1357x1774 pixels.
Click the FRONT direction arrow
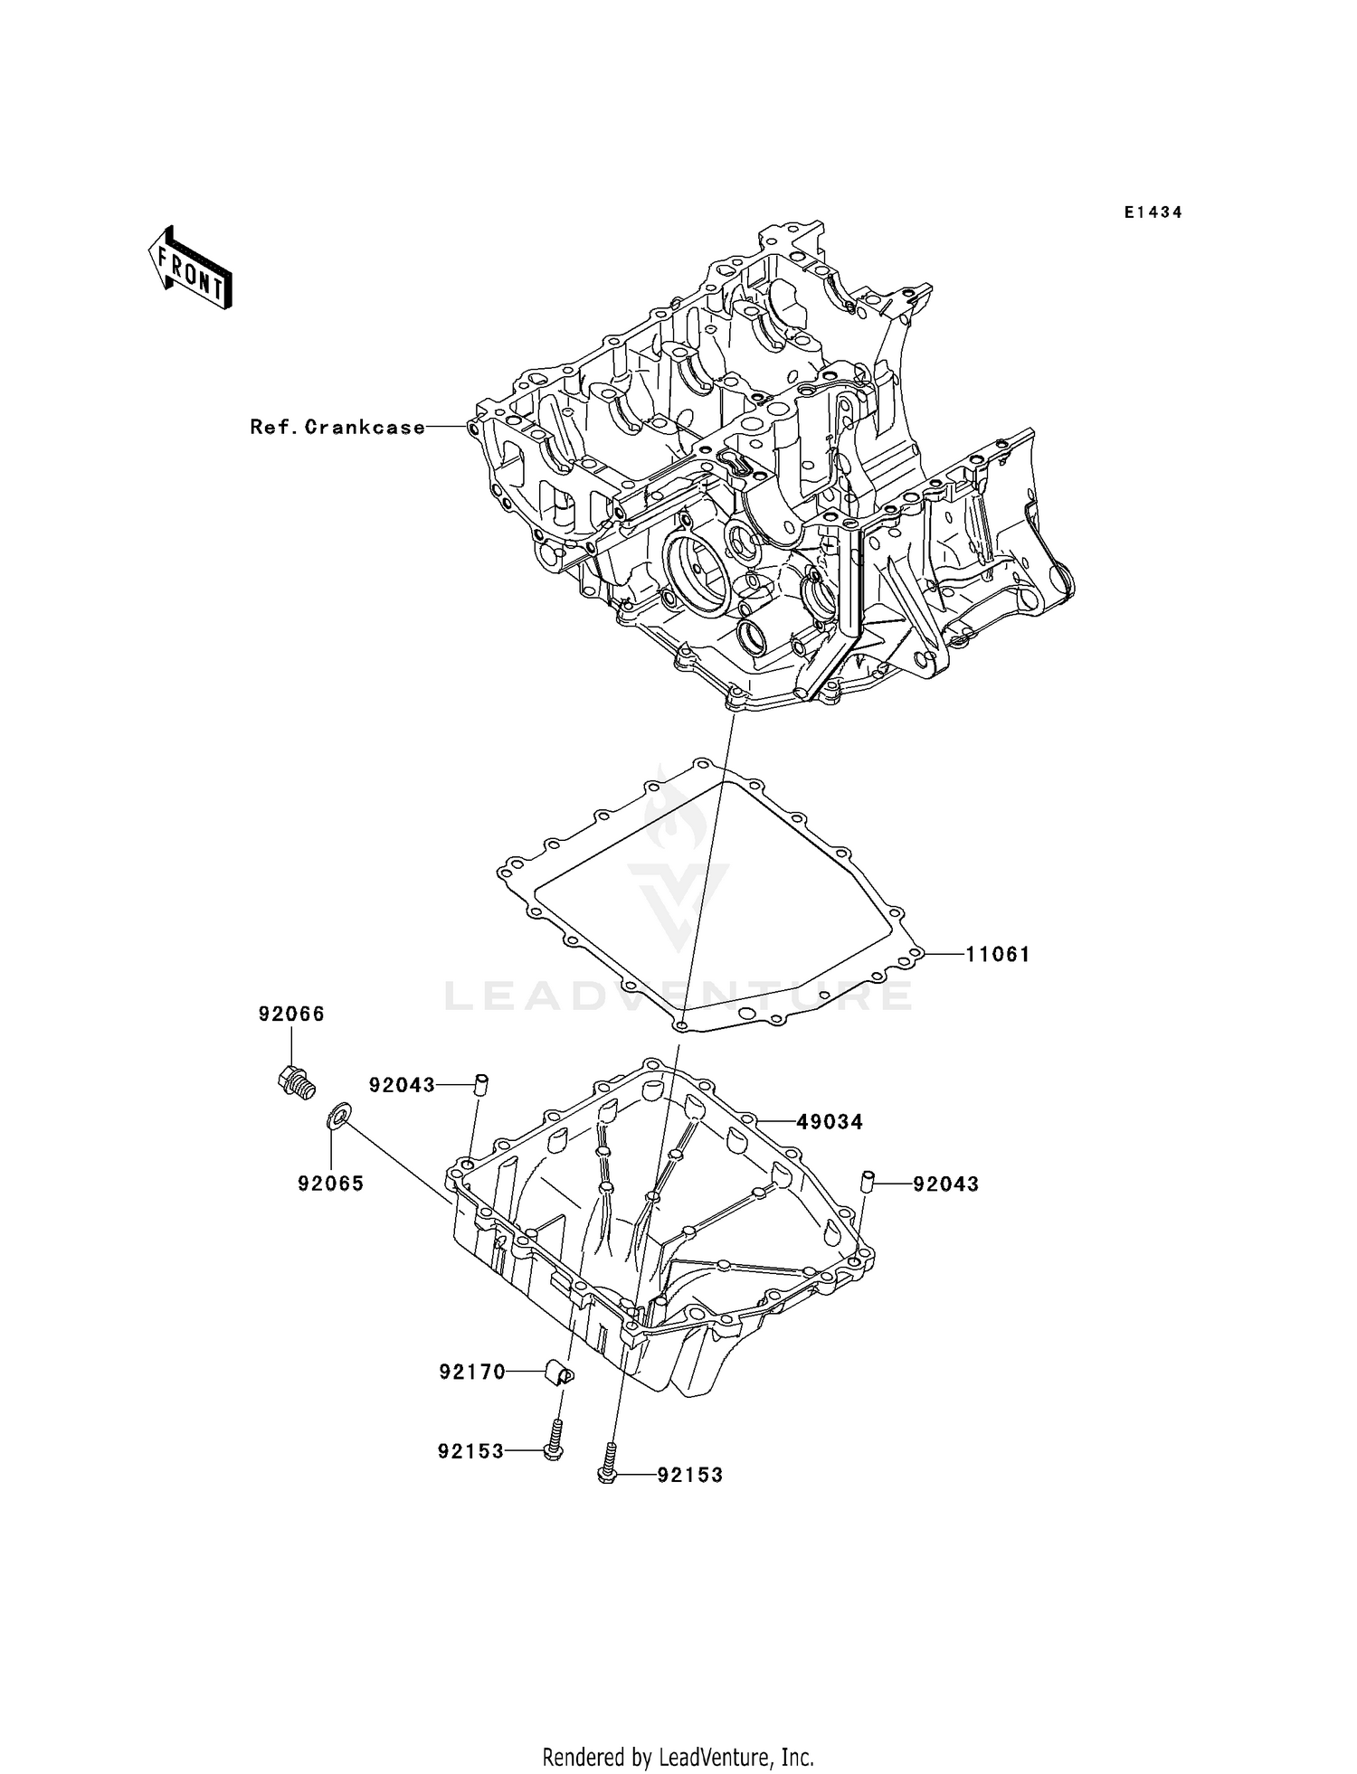coord(190,269)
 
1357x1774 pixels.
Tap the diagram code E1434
coord(1153,212)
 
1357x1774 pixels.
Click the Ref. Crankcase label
coord(337,427)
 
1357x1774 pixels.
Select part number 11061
coord(997,954)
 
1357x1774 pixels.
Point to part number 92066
coord(291,1014)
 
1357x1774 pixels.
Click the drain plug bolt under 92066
coord(295,1081)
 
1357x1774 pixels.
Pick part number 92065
coord(331,1184)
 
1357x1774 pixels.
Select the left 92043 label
coord(402,1085)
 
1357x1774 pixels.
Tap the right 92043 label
coord(945,1184)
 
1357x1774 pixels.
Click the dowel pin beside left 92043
coord(482,1083)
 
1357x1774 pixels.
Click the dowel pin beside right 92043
coord(866,1182)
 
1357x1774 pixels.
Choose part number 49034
coord(829,1122)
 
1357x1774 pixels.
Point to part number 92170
coord(472,1373)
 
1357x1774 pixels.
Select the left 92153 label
coord(470,1451)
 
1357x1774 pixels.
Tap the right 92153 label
coord(690,1475)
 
